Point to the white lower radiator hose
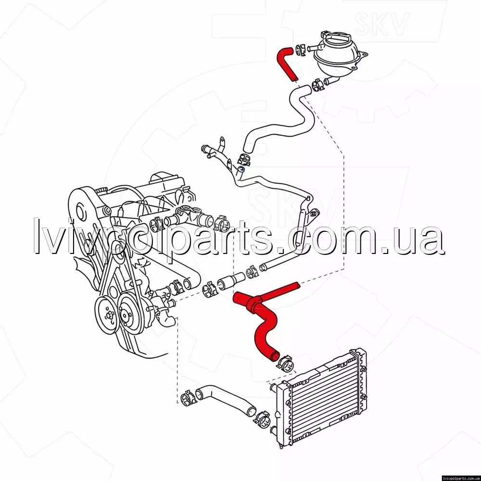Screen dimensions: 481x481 [x=225, y=399]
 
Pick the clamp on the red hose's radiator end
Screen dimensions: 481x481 [x=286, y=363]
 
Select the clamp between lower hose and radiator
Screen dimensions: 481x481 [x=262, y=418]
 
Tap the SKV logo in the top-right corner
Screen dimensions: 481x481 [x=381, y=23]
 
